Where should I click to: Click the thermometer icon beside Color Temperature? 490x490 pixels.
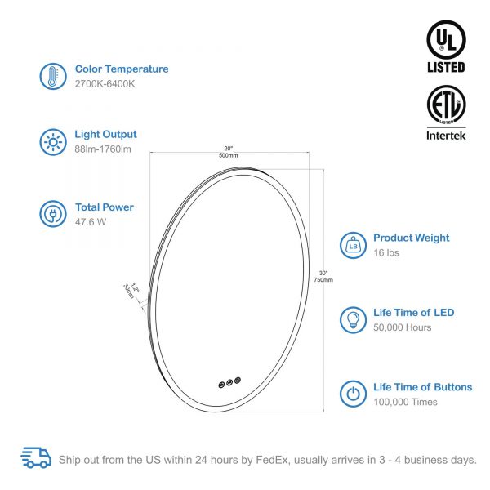[53, 76]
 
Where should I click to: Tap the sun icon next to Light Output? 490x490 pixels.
[53, 142]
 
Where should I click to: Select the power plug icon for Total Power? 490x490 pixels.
[53, 214]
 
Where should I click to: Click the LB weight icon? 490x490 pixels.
[353, 246]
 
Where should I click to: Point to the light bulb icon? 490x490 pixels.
[353, 320]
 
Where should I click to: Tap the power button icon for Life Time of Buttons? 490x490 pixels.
[353, 394]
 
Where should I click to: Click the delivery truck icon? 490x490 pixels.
[36, 458]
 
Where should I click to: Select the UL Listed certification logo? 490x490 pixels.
[446, 47]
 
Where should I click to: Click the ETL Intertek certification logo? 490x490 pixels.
[446, 113]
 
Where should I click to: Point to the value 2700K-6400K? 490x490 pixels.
[105, 84]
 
